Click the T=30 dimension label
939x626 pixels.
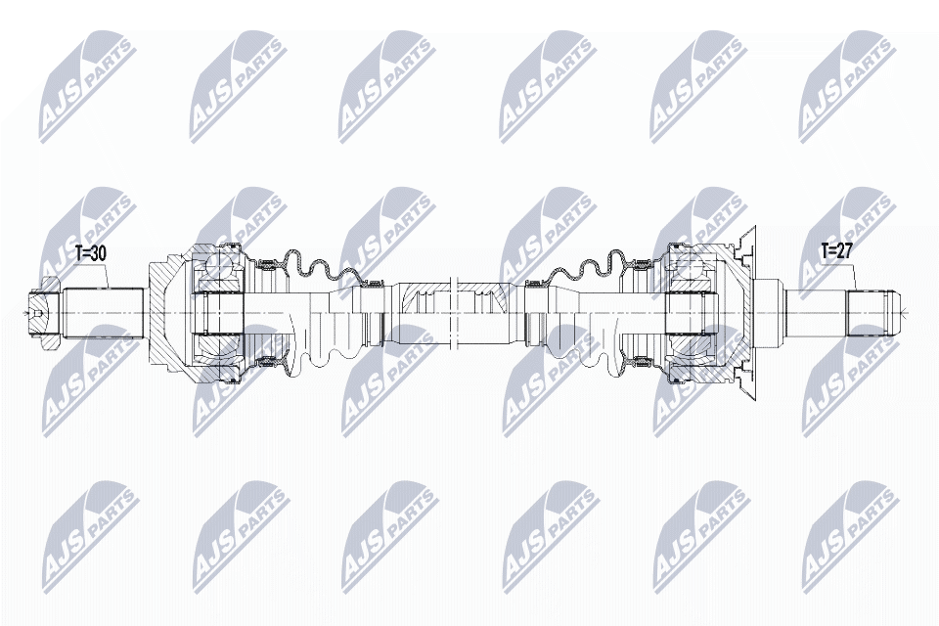(91, 253)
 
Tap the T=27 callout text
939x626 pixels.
(836, 252)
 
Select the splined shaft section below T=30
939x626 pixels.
(103, 313)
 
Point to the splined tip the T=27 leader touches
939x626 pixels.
(872, 312)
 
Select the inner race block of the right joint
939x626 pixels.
(691, 314)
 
